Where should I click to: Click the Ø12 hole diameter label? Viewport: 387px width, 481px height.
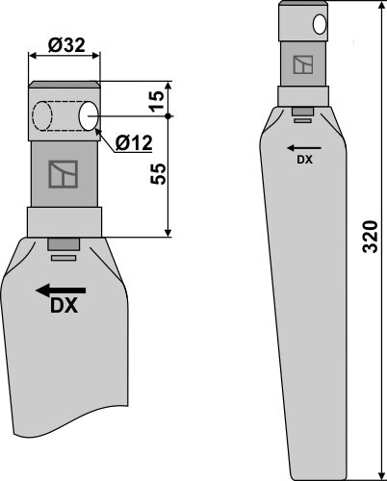pos(134,144)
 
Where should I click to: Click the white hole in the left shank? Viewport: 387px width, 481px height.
pos(89,116)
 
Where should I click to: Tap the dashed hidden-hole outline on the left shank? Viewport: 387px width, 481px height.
pos(42,116)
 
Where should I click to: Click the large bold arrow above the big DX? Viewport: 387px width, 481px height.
pos(61,290)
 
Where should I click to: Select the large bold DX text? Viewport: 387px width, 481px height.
pos(63,308)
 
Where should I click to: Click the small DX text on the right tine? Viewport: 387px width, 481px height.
pos(301,160)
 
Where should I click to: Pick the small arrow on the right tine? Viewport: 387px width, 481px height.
pos(301,147)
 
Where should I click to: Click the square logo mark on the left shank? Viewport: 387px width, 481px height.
pos(64,174)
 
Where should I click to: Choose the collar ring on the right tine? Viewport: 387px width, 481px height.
pos(302,97)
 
